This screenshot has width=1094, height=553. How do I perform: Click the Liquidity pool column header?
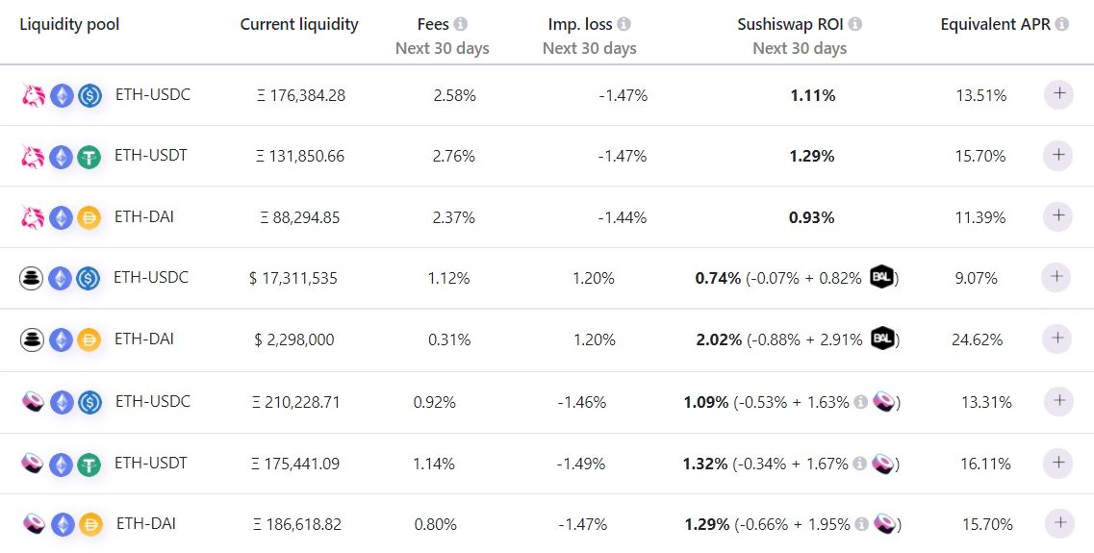[x=69, y=24]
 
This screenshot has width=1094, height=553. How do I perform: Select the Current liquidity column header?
[x=299, y=24]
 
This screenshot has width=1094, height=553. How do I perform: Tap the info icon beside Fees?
[x=461, y=24]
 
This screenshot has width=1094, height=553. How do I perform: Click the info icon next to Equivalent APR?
[x=1061, y=24]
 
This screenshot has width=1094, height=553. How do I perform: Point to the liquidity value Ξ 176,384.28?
[x=301, y=95]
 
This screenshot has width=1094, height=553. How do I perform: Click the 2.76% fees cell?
[x=454, y=156]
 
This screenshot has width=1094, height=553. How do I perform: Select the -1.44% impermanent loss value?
[x=623, y=217]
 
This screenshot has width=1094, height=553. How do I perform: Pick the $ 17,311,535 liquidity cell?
[x=293, y=278]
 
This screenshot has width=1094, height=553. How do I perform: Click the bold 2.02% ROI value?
[x=718, y=339]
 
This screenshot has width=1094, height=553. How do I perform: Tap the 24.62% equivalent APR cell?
[x=978, y=339]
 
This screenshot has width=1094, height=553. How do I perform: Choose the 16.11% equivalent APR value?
[x=986, y=464]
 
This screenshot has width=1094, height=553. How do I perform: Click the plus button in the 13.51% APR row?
[x=1058, y=94]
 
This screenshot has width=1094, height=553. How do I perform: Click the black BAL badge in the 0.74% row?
[x=882, y=277]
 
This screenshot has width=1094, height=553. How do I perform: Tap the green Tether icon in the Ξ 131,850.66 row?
[x=89, y=157]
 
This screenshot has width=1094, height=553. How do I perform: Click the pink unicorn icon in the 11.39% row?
[x=34, y=218]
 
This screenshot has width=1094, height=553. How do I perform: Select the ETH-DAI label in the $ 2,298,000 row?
[x=143, y=339]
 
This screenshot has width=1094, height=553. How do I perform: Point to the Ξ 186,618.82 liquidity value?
[x=297, y=524]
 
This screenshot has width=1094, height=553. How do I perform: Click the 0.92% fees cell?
[x=434, y=402]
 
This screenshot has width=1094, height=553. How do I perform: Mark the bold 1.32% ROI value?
[x=705, y=464]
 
